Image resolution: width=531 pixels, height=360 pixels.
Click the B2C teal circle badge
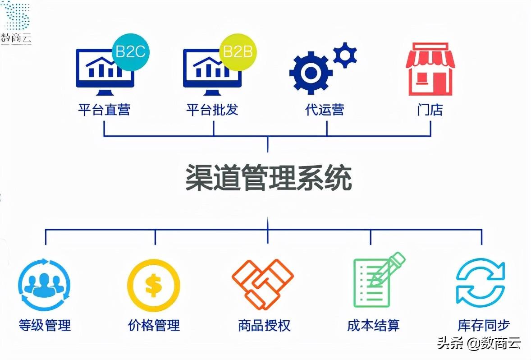point(130,52)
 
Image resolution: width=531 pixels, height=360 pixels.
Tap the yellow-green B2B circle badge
point(238,52)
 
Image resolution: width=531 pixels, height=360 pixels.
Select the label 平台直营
point(104,110)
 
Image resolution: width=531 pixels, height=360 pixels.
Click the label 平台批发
point(212,110)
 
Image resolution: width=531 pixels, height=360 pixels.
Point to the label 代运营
point(325,110)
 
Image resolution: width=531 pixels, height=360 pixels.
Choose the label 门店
point(430,110)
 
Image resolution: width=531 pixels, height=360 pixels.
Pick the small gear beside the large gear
point(345,55)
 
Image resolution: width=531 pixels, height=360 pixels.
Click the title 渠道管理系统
point(269,179)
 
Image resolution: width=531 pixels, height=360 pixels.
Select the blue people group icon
point(44,284)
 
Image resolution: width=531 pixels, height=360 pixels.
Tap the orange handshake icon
point(263,283)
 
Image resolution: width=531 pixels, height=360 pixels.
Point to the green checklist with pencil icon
point(375,280)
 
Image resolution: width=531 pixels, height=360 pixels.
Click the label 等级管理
point(45,325)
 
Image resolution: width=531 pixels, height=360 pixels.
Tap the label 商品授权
point(265,325)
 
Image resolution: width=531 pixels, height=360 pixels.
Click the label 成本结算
point(373,325)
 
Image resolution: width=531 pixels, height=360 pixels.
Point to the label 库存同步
point(484,325)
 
